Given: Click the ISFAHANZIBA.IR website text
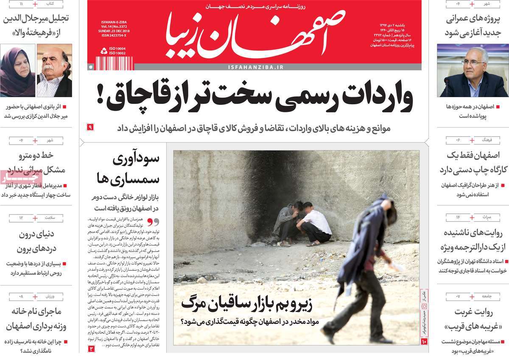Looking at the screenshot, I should [255, 67].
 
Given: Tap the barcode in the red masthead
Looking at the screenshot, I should [114, 63].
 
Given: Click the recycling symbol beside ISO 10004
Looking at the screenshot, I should [103, 51].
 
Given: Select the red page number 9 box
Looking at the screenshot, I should [90, 127].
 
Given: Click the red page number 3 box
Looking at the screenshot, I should [91, 349].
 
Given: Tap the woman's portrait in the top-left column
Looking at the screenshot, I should [17, 70].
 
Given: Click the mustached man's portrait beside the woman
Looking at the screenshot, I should [54, 70].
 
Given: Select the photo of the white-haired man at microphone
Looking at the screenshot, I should [473, 71].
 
